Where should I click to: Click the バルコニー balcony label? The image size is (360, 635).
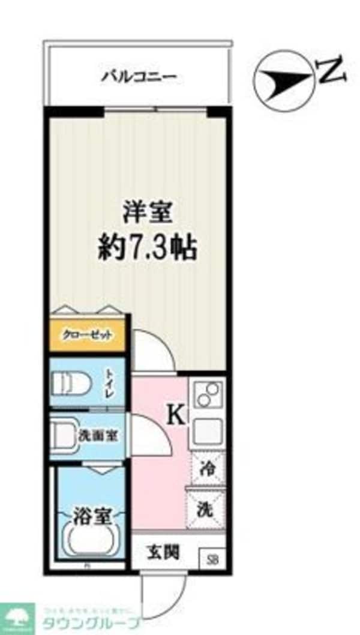(x=138, y=77)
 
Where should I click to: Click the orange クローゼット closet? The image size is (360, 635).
(x=88, y=336)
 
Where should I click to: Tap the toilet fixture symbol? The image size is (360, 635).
(x=71, y=382)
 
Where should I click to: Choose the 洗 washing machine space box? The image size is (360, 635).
(x=206, y=509)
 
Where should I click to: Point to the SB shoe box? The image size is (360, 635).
(x=212, y=560)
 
